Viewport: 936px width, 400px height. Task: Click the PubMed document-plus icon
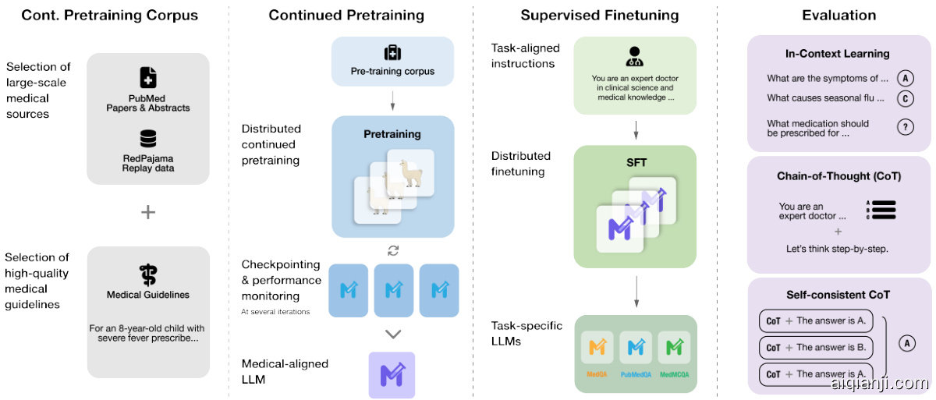tap(147, 77)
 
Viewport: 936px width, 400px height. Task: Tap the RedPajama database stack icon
tap(147, 139)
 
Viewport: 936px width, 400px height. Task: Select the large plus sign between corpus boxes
tap(147, 211)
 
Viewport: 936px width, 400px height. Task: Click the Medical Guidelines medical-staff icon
tap(147, 275)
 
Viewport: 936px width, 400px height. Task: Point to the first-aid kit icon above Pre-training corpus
tap(392, 52)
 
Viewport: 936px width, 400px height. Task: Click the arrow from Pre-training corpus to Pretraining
tap(392, 101)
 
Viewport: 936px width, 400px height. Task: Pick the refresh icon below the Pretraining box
tap(393, 250)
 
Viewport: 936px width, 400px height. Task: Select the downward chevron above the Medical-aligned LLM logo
tap(393, 335)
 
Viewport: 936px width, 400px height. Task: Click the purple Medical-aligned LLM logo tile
tap(392, 375)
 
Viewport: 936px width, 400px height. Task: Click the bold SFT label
tap(636, 163)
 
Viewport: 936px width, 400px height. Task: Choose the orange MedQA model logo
tap(597, 348)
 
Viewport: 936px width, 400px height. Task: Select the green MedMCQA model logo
tap(674, 348)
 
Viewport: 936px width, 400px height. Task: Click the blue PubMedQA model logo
tap(636, 348)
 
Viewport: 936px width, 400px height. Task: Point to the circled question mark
tap(905, 128)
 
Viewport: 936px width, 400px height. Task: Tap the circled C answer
tap(905, 98)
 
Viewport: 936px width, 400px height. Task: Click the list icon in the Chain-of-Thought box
tap(881, 210)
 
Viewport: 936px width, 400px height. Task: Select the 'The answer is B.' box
tap(816, 347)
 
